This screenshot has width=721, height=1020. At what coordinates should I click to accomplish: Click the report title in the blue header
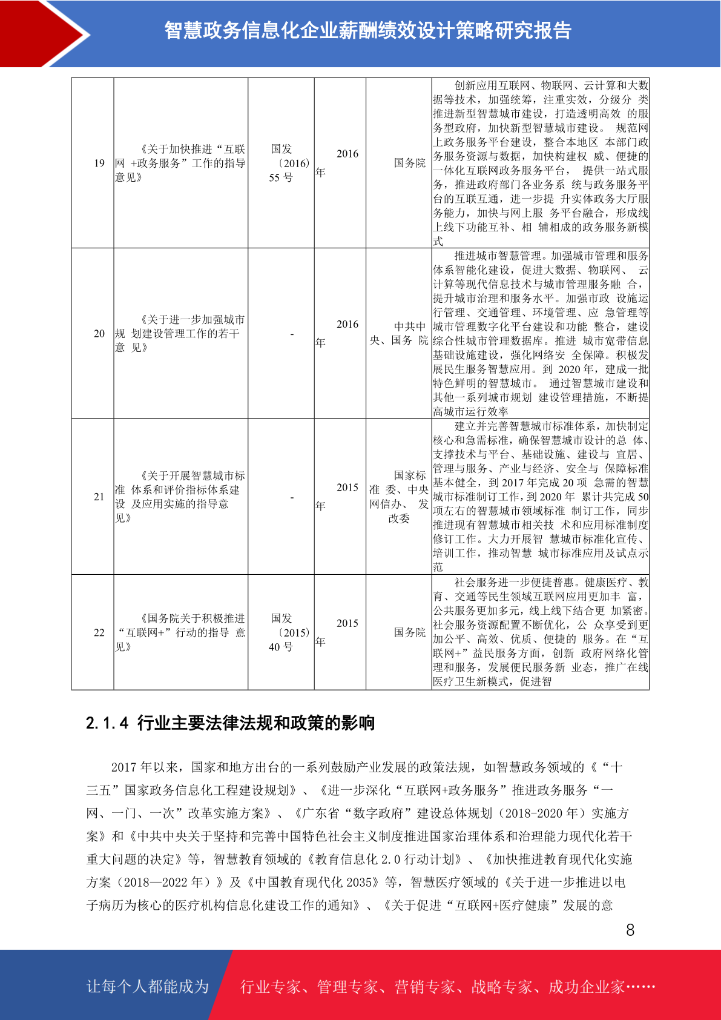point(368,30)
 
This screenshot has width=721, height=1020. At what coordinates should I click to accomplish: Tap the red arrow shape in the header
point(42,34)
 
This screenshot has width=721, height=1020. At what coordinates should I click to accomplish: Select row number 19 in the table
point(99,163)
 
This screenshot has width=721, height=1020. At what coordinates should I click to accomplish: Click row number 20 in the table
point(99,333)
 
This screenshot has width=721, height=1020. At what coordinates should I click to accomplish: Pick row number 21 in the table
point(99,497)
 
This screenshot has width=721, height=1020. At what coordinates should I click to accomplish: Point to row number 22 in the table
point(99,632)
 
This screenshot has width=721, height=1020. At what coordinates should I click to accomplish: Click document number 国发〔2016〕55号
point(281,163)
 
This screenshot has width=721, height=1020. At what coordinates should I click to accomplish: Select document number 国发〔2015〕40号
point(281,632)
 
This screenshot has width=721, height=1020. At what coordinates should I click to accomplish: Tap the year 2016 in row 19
point(347,154)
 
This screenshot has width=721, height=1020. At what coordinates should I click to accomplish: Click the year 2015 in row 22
point(347,624)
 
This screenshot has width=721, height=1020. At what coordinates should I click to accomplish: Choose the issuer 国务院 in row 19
point(409,163)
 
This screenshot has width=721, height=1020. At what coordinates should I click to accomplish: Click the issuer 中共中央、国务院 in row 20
point(399,333)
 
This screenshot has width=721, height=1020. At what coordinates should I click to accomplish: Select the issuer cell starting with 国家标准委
point(399,497)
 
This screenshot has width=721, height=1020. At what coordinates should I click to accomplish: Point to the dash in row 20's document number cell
point(292,334)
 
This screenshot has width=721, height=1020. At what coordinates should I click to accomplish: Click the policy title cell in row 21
point(180,497)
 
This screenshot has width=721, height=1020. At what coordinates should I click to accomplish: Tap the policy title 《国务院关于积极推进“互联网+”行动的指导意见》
point(180,632)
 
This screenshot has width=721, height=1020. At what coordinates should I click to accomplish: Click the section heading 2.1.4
point(230,723)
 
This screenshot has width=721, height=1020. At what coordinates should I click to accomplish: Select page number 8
point(630,930)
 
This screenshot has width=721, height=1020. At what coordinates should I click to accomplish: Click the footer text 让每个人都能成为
point(148,987)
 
